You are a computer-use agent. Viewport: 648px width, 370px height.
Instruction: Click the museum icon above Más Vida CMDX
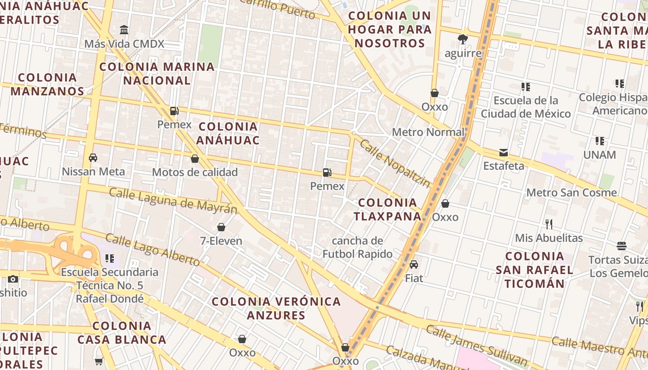coord(124,30)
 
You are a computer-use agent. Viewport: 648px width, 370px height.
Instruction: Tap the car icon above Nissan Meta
coord(93,157)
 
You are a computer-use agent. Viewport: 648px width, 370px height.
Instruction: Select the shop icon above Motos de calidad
coord(195,159)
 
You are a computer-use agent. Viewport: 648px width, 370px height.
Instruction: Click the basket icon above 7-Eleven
coord(221,227)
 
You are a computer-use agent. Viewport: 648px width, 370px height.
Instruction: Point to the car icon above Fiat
coord(414,264)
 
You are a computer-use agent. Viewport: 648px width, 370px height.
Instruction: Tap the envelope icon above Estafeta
coord(504,152)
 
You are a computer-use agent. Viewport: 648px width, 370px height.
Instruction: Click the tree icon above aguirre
coord(462,39)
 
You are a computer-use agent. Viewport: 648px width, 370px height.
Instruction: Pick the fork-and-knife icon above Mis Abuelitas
coord(549,224)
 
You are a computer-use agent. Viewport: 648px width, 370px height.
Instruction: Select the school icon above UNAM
coord(600,141)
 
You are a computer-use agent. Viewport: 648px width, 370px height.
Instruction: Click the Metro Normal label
coord(428,132)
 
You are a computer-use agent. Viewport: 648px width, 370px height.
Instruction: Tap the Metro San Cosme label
coord(572,192)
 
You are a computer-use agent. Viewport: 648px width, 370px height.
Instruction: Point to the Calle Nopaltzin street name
coord(395,164)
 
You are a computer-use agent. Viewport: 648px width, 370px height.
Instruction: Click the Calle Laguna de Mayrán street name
coord(173,201)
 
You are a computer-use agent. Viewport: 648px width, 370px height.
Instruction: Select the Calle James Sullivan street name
coord(476,345)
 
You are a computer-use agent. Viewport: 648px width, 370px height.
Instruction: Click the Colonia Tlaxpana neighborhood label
coord(387,209)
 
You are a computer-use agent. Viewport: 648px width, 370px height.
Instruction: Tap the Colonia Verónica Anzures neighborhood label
coord(276,308)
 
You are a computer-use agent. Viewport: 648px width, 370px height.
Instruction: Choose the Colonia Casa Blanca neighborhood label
coord(122,333)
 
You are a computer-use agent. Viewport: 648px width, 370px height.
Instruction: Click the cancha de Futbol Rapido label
coord(357,247)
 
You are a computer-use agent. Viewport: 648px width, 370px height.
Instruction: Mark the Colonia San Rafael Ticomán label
coord(535,270)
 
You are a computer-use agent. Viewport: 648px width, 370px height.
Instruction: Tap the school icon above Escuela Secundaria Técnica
coord(110,258)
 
